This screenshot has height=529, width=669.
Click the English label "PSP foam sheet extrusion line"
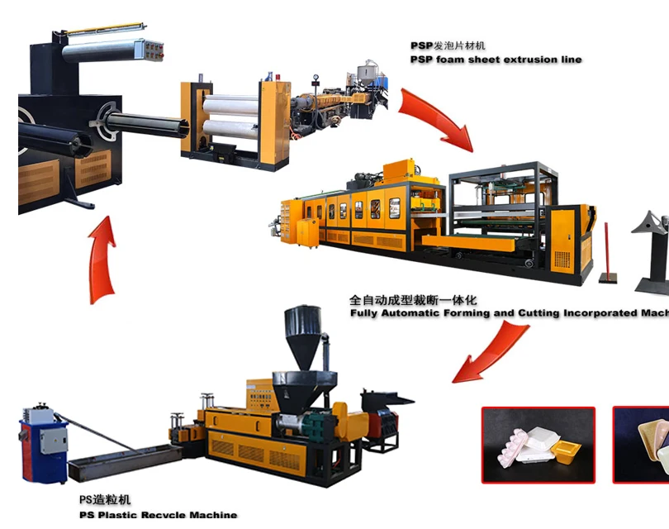coord(496,60)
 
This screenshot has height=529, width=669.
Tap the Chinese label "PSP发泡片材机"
coord(451,46)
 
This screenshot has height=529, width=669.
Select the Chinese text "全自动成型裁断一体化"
coord(413,300)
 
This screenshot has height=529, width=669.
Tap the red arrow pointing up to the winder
coord(102,257)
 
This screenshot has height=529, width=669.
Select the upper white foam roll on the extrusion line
coord(230,106)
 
